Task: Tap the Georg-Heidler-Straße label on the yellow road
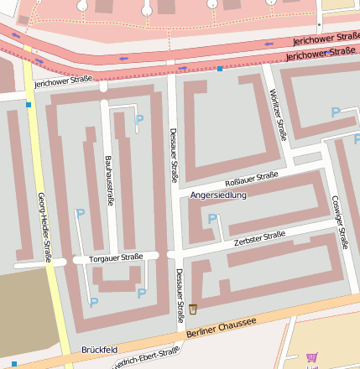44,226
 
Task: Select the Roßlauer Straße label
252,179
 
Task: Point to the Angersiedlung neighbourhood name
219,195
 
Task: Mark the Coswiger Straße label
338,222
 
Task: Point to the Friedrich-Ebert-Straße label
147,357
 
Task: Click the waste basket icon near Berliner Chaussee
194,309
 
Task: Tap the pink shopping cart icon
312,356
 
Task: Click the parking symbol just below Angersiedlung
212,219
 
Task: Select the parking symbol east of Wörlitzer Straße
336,112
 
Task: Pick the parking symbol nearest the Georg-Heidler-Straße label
81,215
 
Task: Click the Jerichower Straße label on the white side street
63,81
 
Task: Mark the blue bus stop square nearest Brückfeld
13,364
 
